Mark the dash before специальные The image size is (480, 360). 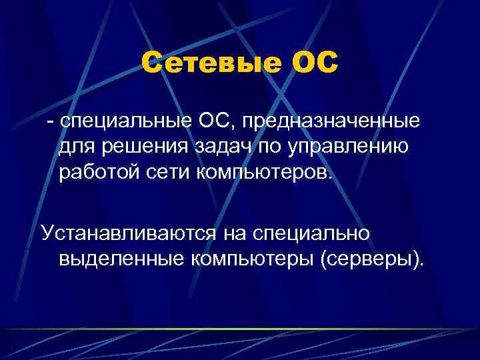[49, 123]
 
